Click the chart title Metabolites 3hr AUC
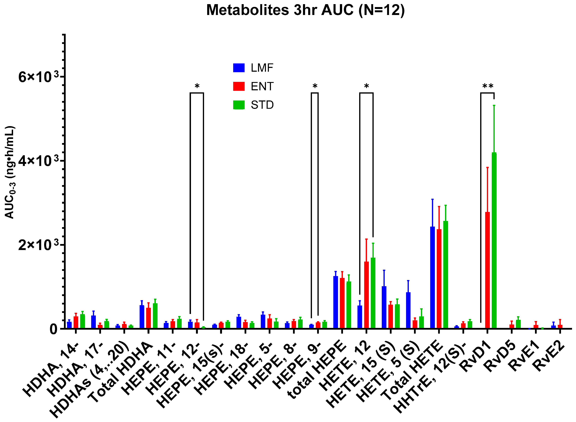tap(305, 10)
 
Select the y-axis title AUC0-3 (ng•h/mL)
tap(10, 172)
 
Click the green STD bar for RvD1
tap(494, 240)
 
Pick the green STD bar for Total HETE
tap(446, 275)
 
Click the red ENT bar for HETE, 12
tap(366, 295)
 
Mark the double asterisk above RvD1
tap(487, 86)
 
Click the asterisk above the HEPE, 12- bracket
tap(197, 86)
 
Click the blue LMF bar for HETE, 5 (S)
tap(408, 310)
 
